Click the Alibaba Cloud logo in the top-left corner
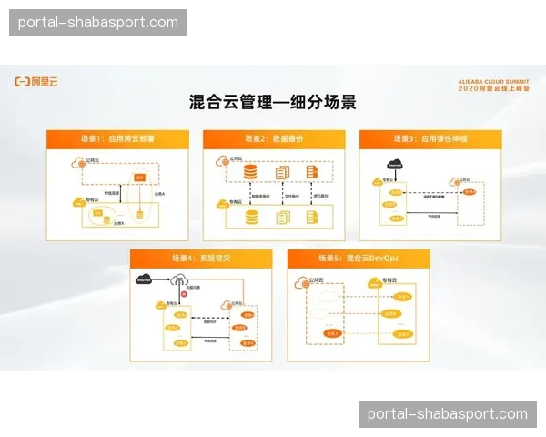(x=35, y=81)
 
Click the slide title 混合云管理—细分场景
(x=272, y=102)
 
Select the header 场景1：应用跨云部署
(x=118, y=139)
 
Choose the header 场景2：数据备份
(x=273, y=139)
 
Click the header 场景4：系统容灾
(x=196, y=259)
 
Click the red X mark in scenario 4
(x=185, y=294)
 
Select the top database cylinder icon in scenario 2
(x=251, y=172)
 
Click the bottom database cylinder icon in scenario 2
(x=251, y=217)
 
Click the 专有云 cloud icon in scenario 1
(x=76, y=201)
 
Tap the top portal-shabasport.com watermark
(x=98, y=22)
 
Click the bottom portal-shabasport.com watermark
(x=447, y=414)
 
